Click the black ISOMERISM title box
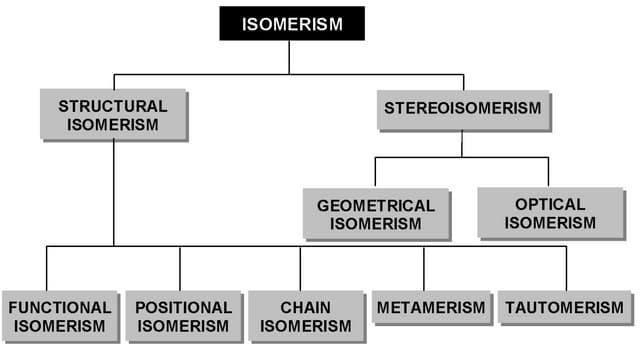pos(292,23)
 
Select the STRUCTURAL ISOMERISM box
pos(112,114)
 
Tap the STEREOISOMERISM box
pos(462,107)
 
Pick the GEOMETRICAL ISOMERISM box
pos(376,214)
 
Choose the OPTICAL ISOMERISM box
pos(550,212)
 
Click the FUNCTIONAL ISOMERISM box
pos(59,316)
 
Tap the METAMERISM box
pos(432,308)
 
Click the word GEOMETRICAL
pos(376,205)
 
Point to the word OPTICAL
pos(550,203)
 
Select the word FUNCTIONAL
pos(59,307)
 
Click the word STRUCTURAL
pos(112,105)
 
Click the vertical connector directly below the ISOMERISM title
pos(289,57)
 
